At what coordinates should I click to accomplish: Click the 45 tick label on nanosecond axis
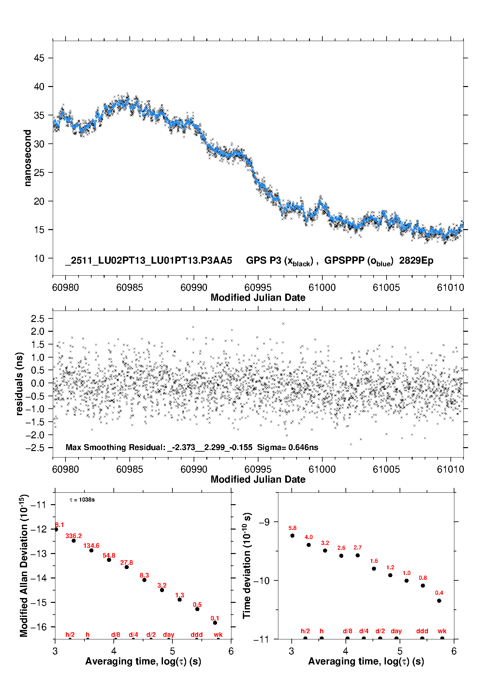39,58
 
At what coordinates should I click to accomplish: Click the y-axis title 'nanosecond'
28,158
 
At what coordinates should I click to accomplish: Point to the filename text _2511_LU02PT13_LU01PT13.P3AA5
149,261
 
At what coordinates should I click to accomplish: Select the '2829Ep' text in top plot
416,261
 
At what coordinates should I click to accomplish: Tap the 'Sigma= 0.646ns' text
287,447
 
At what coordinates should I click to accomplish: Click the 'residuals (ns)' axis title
20,384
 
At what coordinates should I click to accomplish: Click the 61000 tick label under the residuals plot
322,469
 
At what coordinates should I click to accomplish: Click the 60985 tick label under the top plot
130,287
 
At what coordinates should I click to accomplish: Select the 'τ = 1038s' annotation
82,500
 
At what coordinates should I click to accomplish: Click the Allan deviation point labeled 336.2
74,541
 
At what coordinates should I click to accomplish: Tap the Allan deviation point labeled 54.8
109,560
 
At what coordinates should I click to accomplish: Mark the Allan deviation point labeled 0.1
215,623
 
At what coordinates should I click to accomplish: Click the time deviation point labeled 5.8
292,535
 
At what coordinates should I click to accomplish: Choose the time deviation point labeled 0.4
439,601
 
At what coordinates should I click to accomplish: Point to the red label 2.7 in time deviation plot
358,547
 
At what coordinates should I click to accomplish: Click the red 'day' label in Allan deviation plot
169,635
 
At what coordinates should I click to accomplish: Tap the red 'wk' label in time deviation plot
442,631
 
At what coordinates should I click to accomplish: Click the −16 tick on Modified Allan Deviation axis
38,627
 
